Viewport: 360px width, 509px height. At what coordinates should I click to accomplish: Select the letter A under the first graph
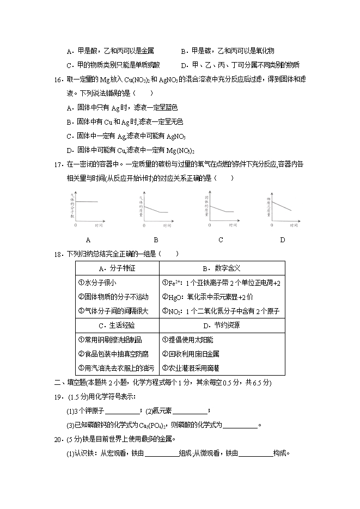pyautogui.click(x=88, y=240)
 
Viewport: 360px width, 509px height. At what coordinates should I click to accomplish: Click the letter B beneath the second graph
pyautogui.click(x=155, y=240)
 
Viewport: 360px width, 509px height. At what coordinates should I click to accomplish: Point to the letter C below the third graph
pyautogui.click(x=221, y=240)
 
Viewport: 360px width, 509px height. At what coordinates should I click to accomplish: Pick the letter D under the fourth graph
pyautogui.click(x=282, y=240)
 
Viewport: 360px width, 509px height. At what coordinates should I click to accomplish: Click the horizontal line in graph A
pyautogui.click(x=89, y=202)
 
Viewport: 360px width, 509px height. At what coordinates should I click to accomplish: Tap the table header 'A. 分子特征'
pyautogui.click(x=117, y=268)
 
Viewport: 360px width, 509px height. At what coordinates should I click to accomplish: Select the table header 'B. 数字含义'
pyautogui.click(x=222, y=268)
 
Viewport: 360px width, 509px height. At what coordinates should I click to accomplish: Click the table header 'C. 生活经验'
pyautogui.click(x=117, y=326)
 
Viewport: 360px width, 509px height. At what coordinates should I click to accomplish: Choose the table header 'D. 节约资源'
pyautogui.click(x=222, y=326)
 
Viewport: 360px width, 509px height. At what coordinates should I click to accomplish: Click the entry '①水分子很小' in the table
pyautogui.click(x=97, y=283)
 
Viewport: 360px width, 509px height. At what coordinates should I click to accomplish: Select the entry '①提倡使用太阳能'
pyautogui.click(x=186, y=340)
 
